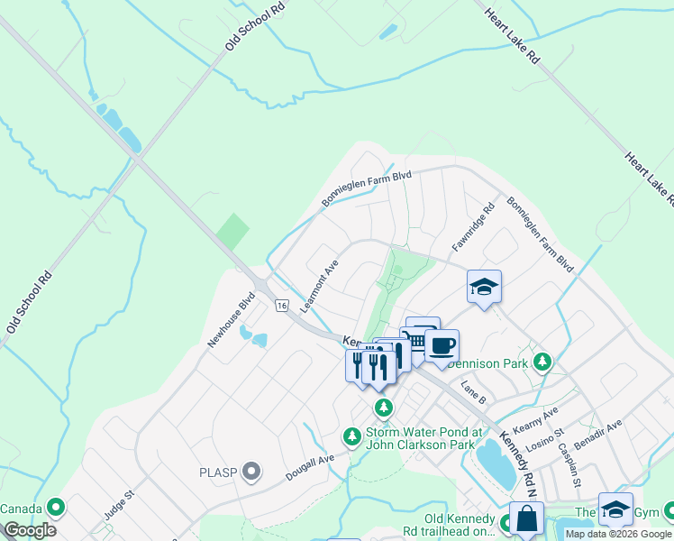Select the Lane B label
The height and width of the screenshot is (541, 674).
(x=473, y=392)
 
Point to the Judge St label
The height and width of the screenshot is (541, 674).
(x=118, y=504)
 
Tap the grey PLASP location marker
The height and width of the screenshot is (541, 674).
(x=251, y=471)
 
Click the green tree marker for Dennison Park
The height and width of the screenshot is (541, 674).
(x=542, y=362)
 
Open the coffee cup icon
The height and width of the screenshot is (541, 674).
(x=442, y=345)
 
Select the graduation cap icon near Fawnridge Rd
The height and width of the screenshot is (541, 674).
(x=484, y=287)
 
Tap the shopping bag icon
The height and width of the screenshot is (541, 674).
(x=526, y=519)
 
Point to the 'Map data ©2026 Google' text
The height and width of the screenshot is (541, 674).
(x=618, y=534)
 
